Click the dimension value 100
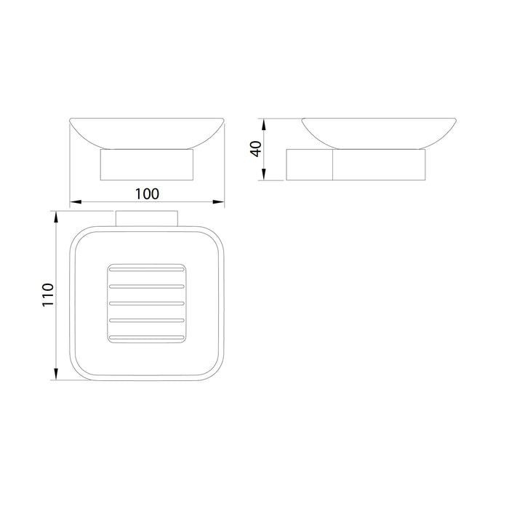147,194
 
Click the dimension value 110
48,294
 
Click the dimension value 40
256,149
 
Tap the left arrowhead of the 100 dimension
76,202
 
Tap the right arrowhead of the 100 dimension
218,202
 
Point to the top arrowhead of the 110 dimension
56,217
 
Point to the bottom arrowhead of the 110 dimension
56,374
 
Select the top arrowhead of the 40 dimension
264,124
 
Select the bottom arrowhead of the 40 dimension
264,175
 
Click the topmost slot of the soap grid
147,270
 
